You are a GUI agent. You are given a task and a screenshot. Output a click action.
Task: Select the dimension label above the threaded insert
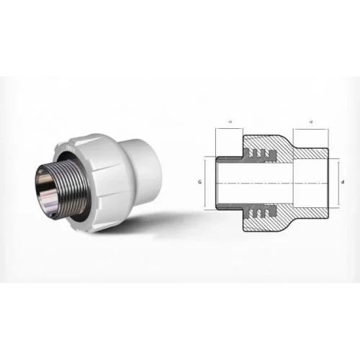click(x=228, y=123)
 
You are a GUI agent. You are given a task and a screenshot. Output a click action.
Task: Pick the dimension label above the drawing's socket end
click(x=310, y=123)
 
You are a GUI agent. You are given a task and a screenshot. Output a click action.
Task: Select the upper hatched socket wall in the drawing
click(x=310, y=154)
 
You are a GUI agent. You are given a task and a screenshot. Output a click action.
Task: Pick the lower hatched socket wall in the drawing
click(x=310, y=214)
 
